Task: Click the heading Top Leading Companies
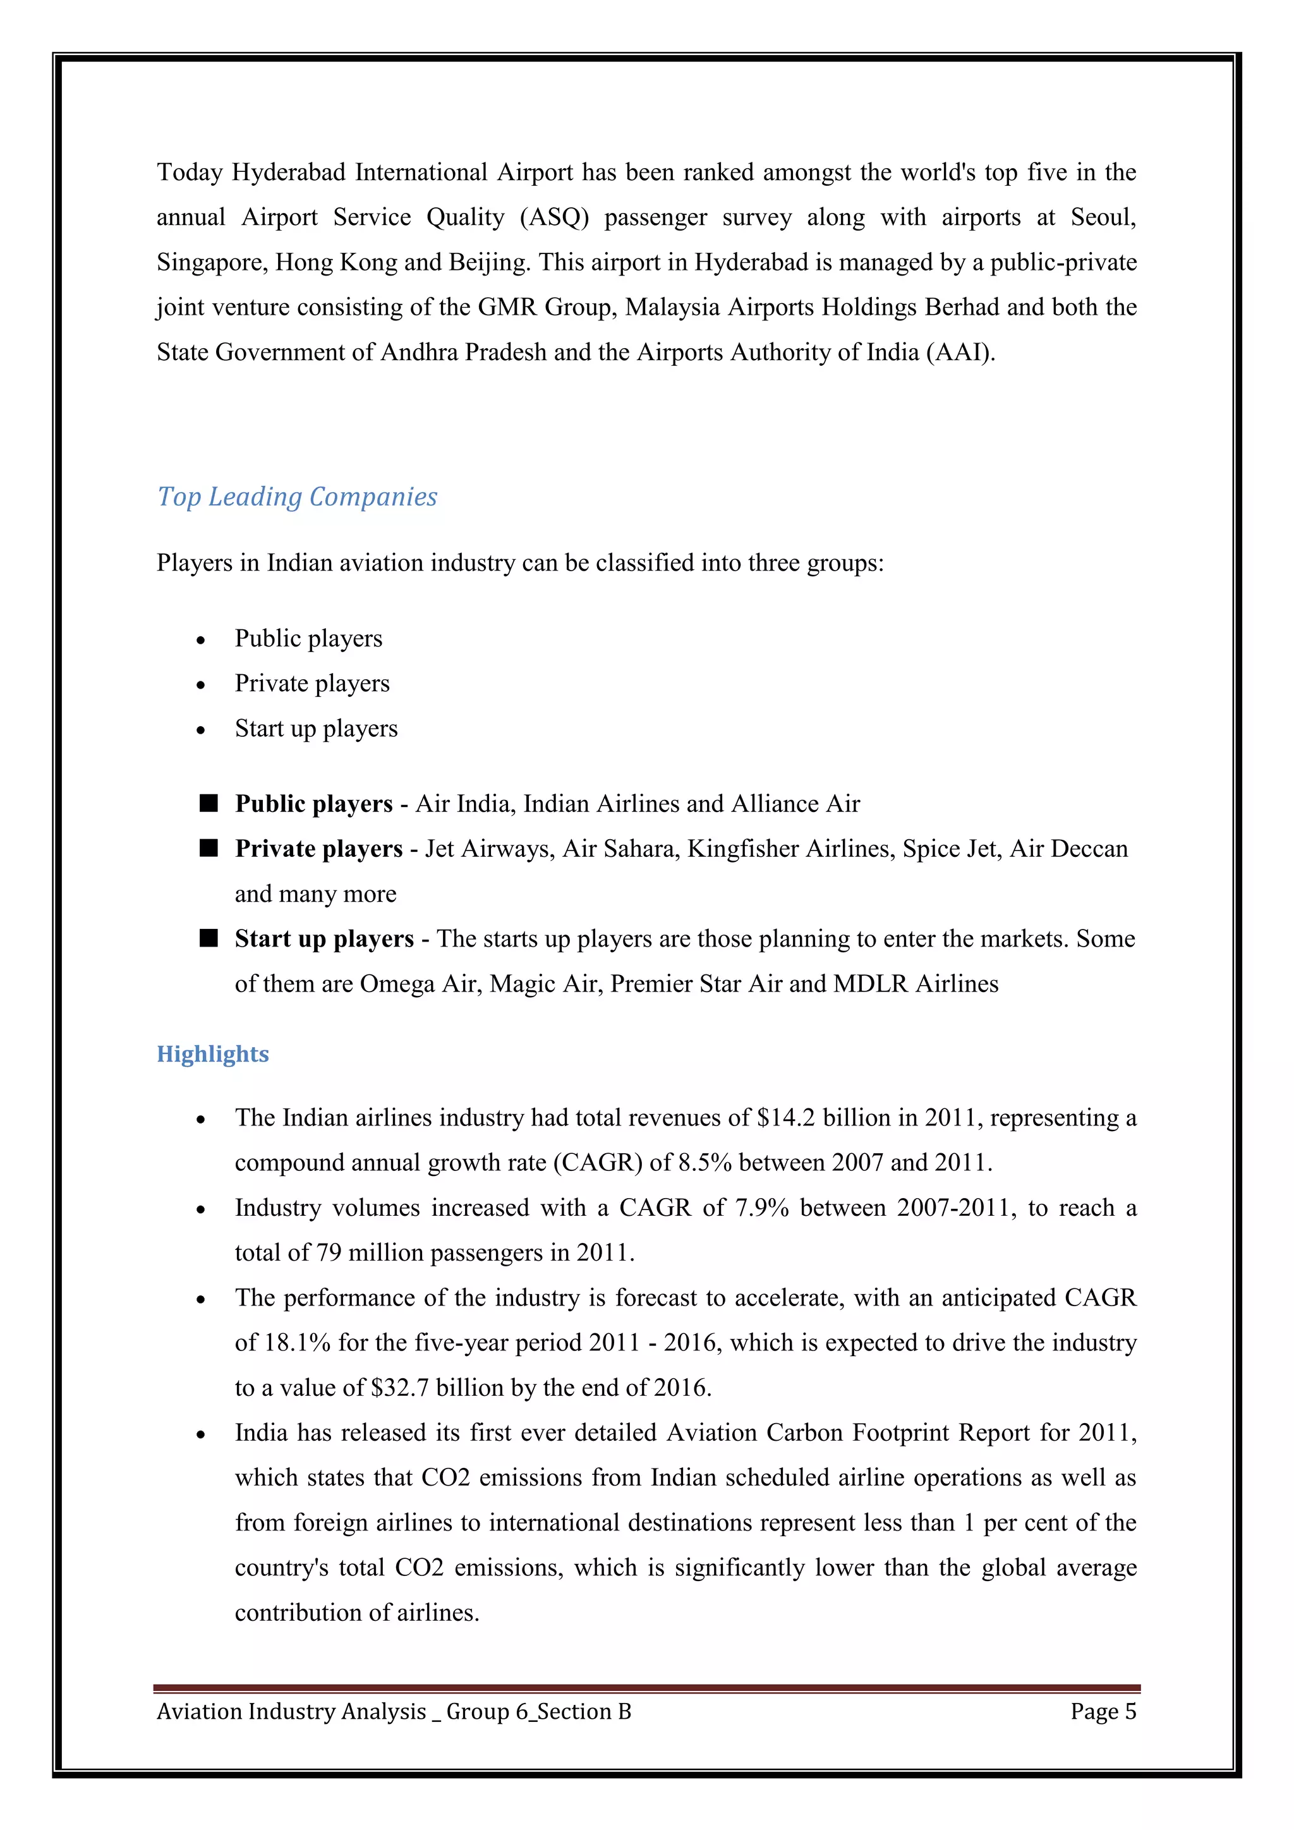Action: (x=296, y=497)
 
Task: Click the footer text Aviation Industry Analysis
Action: (x=291, y=1711)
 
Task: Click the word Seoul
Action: (x=1103, y=217)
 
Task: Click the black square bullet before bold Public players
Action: (x=209, y=803)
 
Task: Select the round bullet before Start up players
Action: (x=201, y=730)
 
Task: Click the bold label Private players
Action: (x=318, y=849)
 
